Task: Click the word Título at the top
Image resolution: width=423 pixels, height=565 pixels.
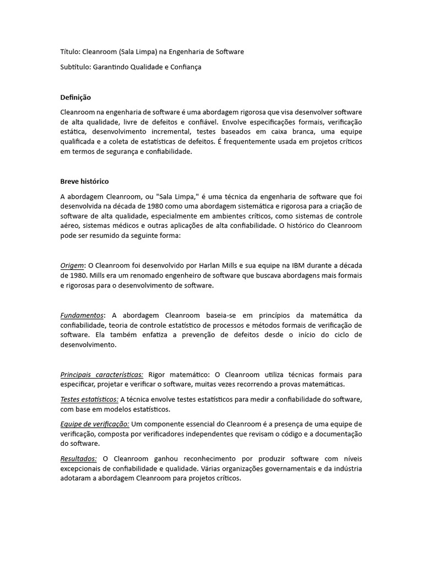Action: coord(69,52)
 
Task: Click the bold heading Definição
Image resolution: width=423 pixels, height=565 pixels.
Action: coord(75,97)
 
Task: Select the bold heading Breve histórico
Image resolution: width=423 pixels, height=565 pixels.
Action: coord(84,181)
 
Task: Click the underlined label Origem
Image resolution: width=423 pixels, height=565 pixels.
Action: coord(72,265)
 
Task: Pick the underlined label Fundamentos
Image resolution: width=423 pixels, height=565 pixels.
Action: coord(82,316)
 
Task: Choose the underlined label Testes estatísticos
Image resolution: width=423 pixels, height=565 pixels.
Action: coord(89,399)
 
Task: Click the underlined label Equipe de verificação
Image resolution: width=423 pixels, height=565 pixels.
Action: coord(95,424)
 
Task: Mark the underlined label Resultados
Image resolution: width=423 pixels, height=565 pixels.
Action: coord(78,459)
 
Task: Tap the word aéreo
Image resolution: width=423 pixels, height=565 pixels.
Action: coord(70,225)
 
